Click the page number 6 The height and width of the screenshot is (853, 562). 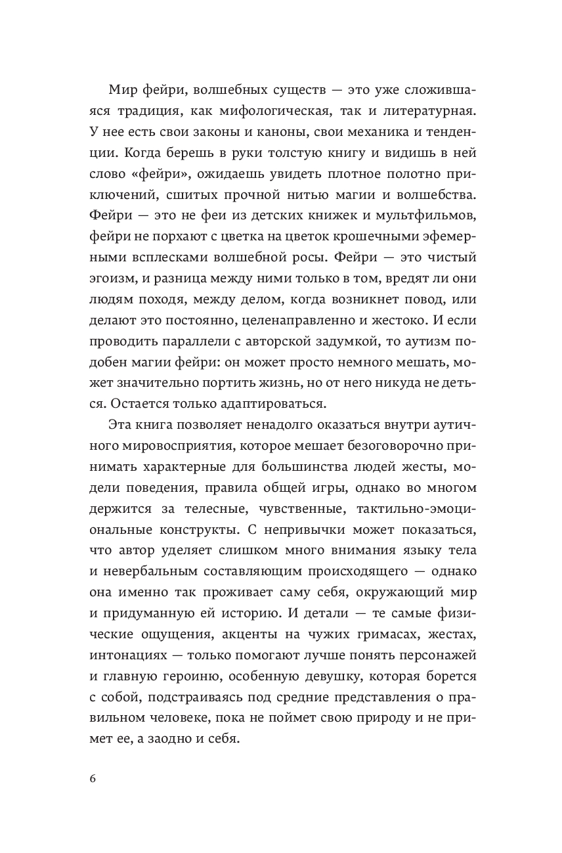point(93,778)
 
